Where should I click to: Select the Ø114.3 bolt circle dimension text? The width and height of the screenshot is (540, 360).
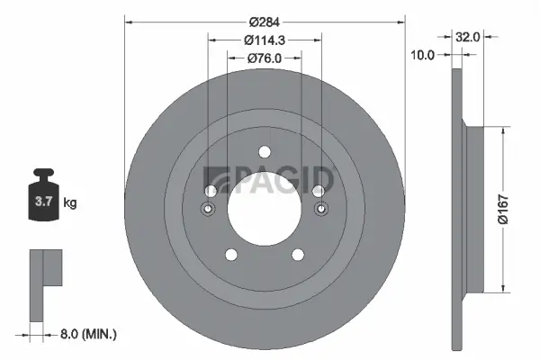pos(264,40)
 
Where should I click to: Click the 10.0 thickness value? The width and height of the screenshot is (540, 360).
pos(423,54)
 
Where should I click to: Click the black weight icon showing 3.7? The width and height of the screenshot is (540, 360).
pos(43,196)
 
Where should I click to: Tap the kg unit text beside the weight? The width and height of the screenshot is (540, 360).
pos(70,203)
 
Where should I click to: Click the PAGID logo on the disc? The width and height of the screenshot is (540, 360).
pos(270,180)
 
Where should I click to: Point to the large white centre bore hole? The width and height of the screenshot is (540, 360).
pos(264,208)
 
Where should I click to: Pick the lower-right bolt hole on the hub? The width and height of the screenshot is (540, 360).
pos(298,255)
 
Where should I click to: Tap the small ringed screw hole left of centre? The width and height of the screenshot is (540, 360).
pos(209,210)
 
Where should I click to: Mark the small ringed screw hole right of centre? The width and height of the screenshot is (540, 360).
pos(319,210)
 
